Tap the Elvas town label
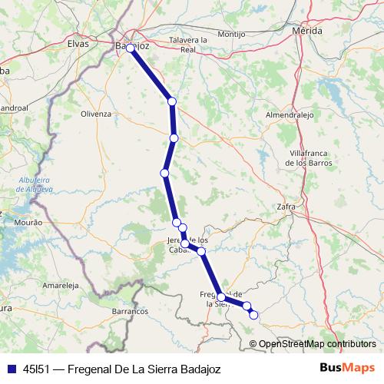tap(79, 44)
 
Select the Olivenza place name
tap(96, 113)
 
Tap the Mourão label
tap(28, 222)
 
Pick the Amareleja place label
tap(61, 284)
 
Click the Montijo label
tap(231, 35)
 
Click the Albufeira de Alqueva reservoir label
tap(35, 184)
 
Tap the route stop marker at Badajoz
tap(131, 48)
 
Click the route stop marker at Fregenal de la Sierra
tap(221, 297)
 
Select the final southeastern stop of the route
tap(253, 314)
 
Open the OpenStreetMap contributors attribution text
tap(317, 344)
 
